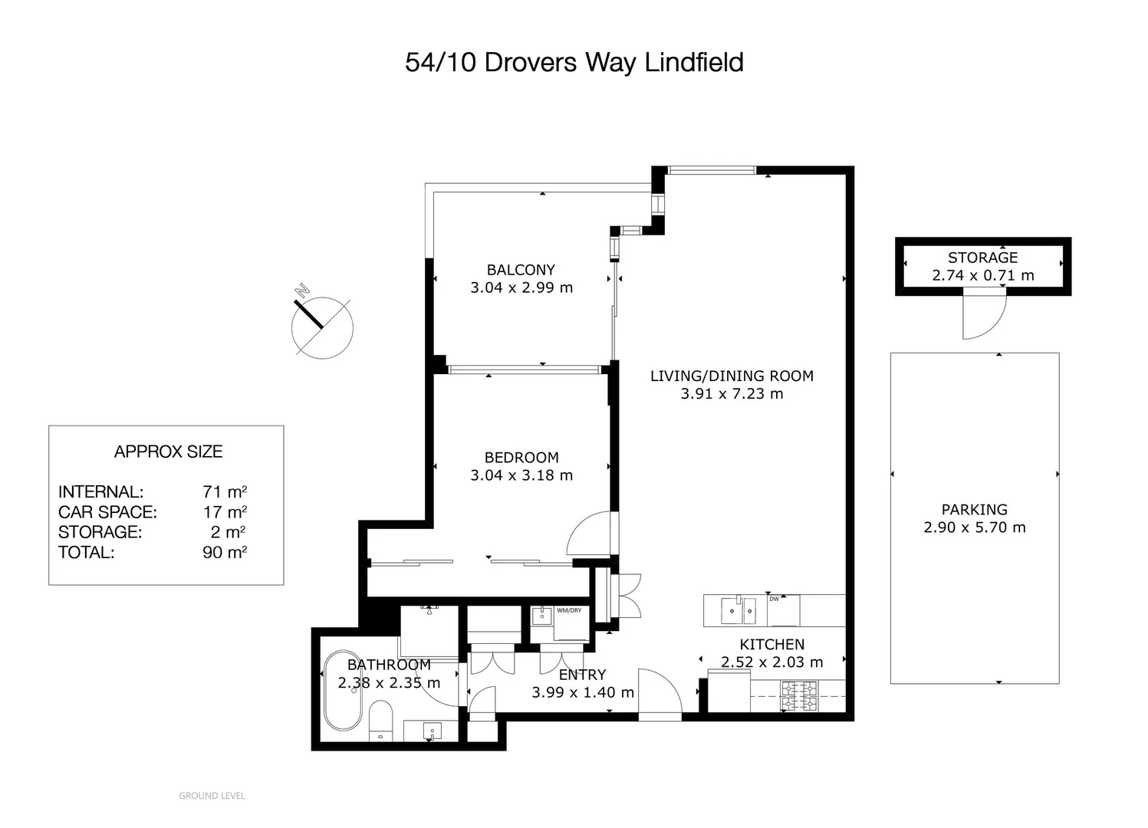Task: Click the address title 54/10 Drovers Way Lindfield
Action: click(x=574, y=63)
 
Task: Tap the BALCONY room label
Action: click(x=521, y=270)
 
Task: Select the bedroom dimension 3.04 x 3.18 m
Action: click(x=521, y=475)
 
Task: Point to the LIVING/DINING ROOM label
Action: click(x=732, y=376)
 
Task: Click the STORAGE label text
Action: click(x=982, y=257)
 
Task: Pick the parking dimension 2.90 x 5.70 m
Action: click(x=974, y=527)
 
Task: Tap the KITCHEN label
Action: click(x=771, y=644)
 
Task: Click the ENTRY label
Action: click(x=582, y=675)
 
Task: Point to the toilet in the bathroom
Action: click(x=380, y=721)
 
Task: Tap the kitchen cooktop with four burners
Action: click(x=798, y=696)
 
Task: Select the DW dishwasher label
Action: click(x=774, y=599)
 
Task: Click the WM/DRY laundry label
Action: click(x=569, y=610)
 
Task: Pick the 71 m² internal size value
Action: click(x=225, y=491)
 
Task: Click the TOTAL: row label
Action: click(x=86, y=552)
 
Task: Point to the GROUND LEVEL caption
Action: click(x=212, y=796)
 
